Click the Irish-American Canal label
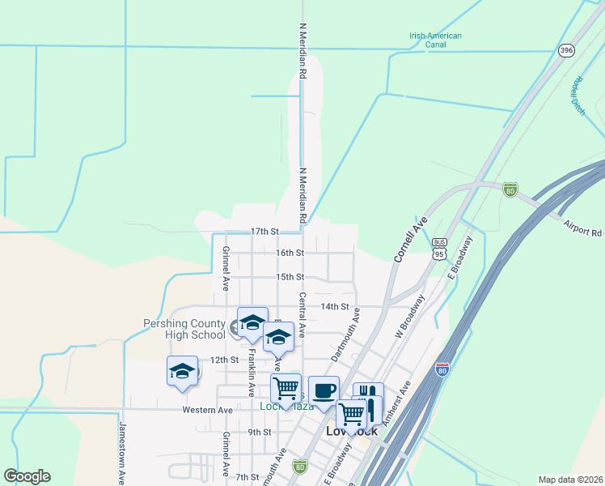tap(434, 40)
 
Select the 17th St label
tap(264, 231)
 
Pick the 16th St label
tap(289, 253)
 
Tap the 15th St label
tap(289, 276)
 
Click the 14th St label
tap(334, 307)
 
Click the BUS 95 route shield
tap(439, 248)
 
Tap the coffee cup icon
tap(324, 390)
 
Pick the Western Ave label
tap(207, 410)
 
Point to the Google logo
tap(27, 476)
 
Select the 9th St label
tap(260, 433)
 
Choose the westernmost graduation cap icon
tap(182, 372)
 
